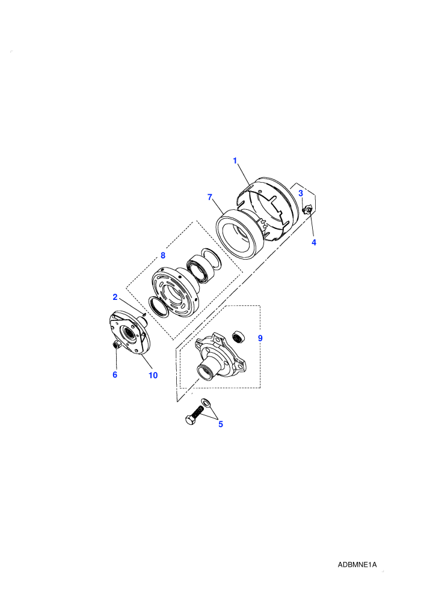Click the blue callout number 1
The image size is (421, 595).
coord(235,161)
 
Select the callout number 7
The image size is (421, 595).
coord(210,197)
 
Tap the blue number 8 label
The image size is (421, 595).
coord(163,255)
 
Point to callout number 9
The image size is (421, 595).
coord(260,338)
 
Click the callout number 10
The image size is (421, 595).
coord(153,375)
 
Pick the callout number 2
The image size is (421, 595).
coord(115,297)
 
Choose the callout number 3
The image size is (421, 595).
coord(301,193)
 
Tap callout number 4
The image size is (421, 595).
coord(314,242)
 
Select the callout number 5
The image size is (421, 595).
coord(221,424)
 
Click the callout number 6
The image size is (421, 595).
coord(115,375)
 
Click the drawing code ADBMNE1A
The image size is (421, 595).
coord(357,564)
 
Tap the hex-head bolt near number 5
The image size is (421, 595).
coord(194,415)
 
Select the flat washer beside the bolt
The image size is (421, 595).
coord(206,402)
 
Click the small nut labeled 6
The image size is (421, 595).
coord(116,344)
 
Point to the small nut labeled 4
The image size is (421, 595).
coord(309,209)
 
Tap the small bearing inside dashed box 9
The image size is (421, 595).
coord(239,336)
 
